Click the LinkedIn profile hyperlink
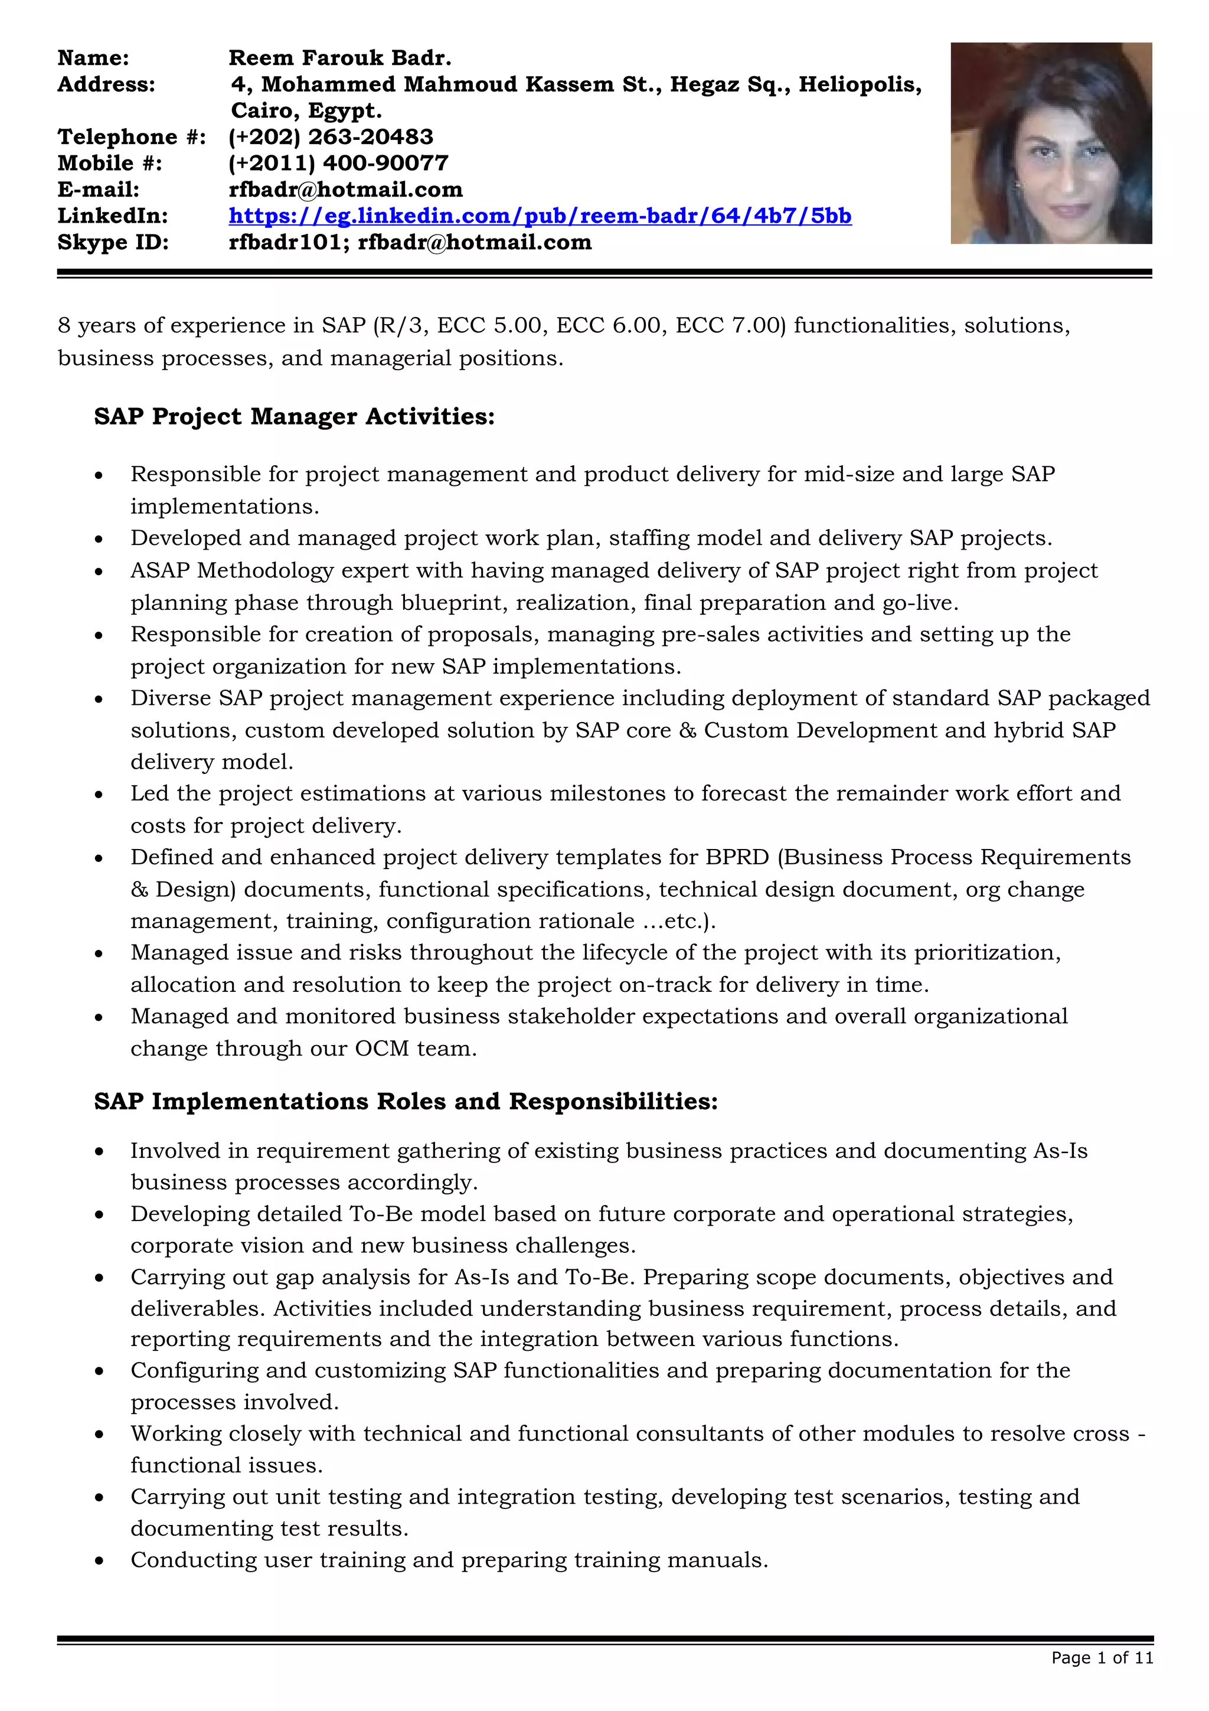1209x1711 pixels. (x=540, y=216)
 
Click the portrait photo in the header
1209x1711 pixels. (x=1050, y=143)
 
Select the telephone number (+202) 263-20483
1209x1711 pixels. (x=331, y=137)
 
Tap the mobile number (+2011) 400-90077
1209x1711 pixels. (x=338, y=163)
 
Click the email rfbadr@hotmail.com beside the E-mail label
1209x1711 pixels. (x=346, y=190)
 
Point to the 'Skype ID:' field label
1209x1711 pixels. (x=113, y=242)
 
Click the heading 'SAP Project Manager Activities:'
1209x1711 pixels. (x=294, y=417)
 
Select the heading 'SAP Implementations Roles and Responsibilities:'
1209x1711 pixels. (x=406, y=1102)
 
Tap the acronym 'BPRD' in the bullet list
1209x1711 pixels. (x=737, y=857)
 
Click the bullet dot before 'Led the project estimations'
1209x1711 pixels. (x=99, y=795)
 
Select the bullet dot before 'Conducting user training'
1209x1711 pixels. (x=99, y=1561)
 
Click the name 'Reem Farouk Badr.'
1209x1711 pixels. (x=339, y=58)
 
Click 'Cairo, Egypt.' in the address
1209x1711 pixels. (x=306, y=111)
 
